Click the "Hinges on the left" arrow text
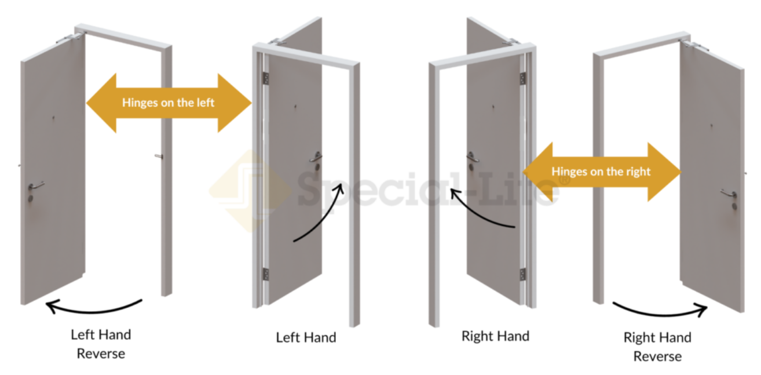(x=168, y=103)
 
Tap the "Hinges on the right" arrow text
(x=601, y=172)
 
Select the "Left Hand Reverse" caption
(x=101, y=344)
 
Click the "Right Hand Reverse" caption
(x=657, y=347)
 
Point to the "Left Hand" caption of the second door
(x=306, y=337)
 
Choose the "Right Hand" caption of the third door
(x=495, y=336)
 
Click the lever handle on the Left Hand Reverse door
(x=35, y=185)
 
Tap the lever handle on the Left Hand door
(x=316, y=156)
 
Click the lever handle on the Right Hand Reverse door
(x=729, y=194)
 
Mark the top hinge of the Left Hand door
(x=266, y=78)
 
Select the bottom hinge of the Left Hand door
(x=266, y=274)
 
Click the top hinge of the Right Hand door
(x=523, y=78)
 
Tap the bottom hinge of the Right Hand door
(x=523, y=274)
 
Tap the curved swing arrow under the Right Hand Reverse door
(x=659, y=314)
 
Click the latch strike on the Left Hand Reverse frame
(x=159, y=156)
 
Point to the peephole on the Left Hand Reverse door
(x=53, y=118)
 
